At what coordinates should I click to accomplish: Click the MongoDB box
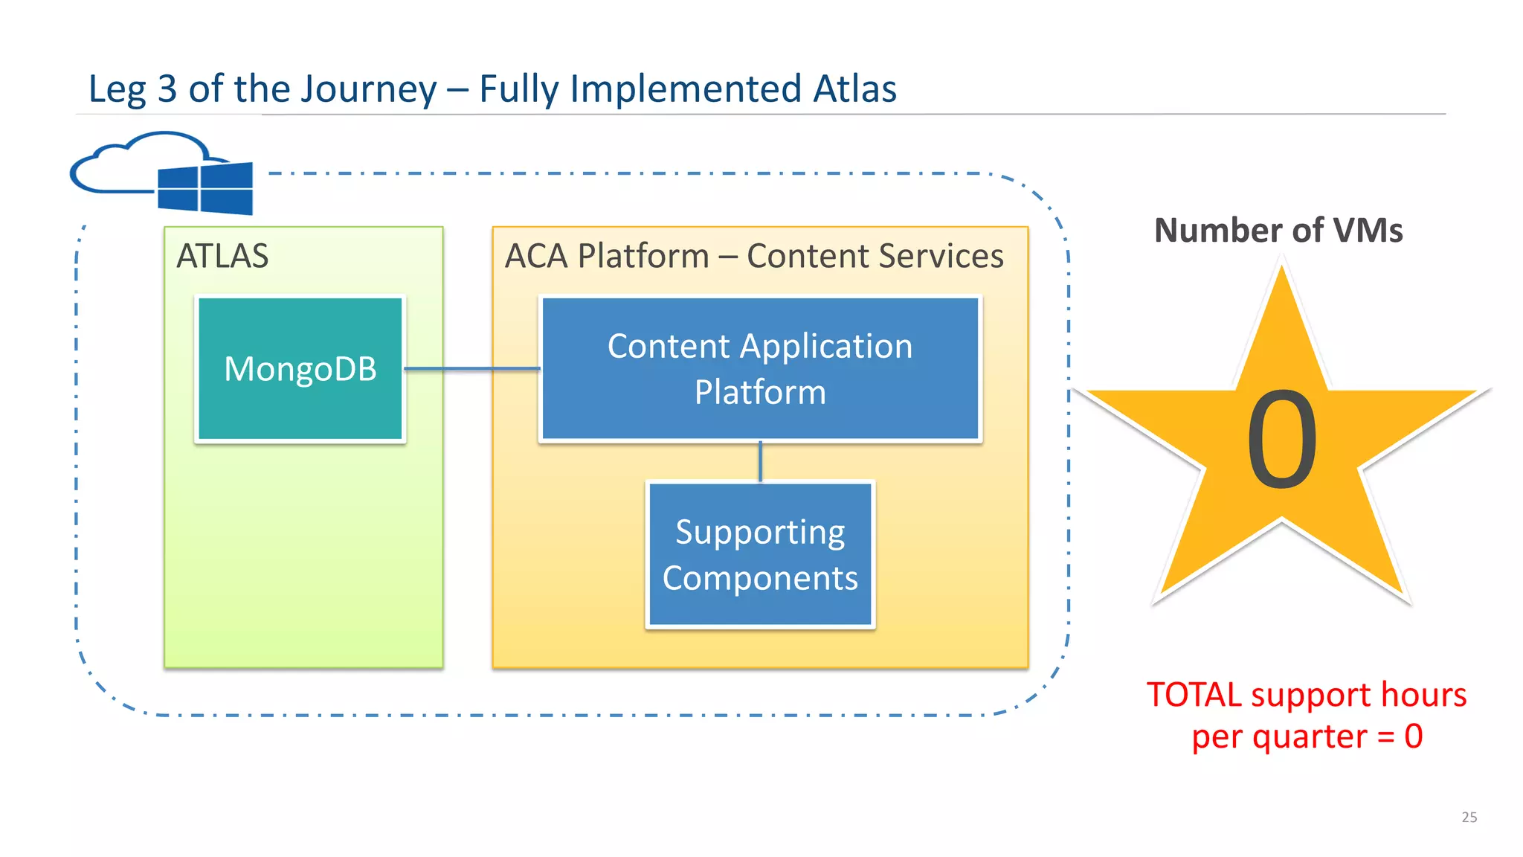coord(300,369)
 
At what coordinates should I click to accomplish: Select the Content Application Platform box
coord(760,369)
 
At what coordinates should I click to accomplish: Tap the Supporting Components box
coord(760,555)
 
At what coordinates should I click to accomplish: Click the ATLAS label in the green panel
coord(222,257)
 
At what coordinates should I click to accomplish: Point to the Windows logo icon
coord(205,189)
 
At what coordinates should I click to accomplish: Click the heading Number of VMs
coord(1278,231)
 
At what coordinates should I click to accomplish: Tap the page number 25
coord(1469,817)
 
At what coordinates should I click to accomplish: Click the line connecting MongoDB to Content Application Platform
coord(472,369)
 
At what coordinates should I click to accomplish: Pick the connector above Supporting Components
coord(760,462)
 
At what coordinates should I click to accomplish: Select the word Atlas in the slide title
coord(854,89)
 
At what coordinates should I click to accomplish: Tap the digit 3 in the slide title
coord(167,89)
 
